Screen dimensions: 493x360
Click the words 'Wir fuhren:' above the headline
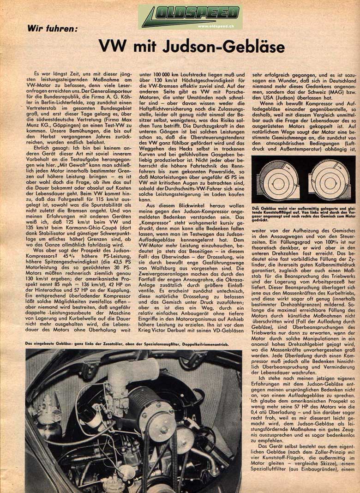(53, 29)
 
